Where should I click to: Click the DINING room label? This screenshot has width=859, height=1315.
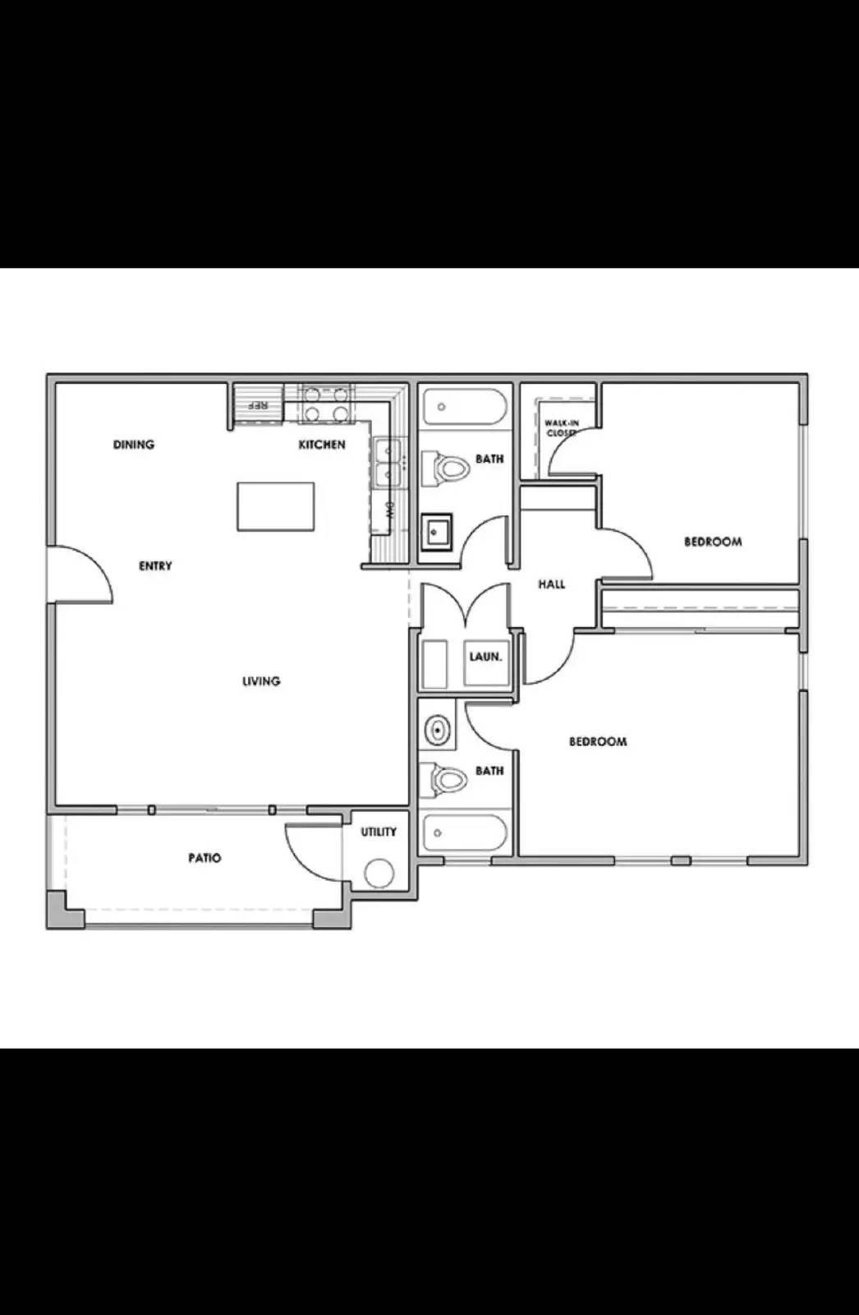pyautogui.click(x=133, y=445)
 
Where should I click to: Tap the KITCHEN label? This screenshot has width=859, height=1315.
pyautogui.click(x=322, y=445)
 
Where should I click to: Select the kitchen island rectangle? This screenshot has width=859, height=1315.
pyautogui.click(x=276, y=506)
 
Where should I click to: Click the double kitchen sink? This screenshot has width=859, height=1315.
pyautogui.click(x=386, y=463)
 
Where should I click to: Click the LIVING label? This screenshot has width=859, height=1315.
pyautogui.click(x=261, y=681)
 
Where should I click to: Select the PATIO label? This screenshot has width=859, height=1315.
pyautogui.click(x=204, y=858)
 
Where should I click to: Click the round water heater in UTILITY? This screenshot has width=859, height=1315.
pyautogui.click(x=379, y=874)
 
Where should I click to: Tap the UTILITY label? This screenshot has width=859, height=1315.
pyautogui.click(x=379, y=832)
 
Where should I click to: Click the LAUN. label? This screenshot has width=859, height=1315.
pyautogui.click(x=485, y=657)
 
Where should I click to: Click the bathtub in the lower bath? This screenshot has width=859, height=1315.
pyautogui.click(x=464, y=833)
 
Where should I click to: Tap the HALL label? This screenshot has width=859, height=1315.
pyautogui.click(x=552, y=584)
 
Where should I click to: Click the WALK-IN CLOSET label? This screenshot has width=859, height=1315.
pyautogui.click(x=562, y=427)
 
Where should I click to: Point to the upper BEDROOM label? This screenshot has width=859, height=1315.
pyautogui.click(x=713, y=542)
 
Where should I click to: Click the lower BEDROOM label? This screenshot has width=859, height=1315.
pyautogui.click(x=598, y=741)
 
